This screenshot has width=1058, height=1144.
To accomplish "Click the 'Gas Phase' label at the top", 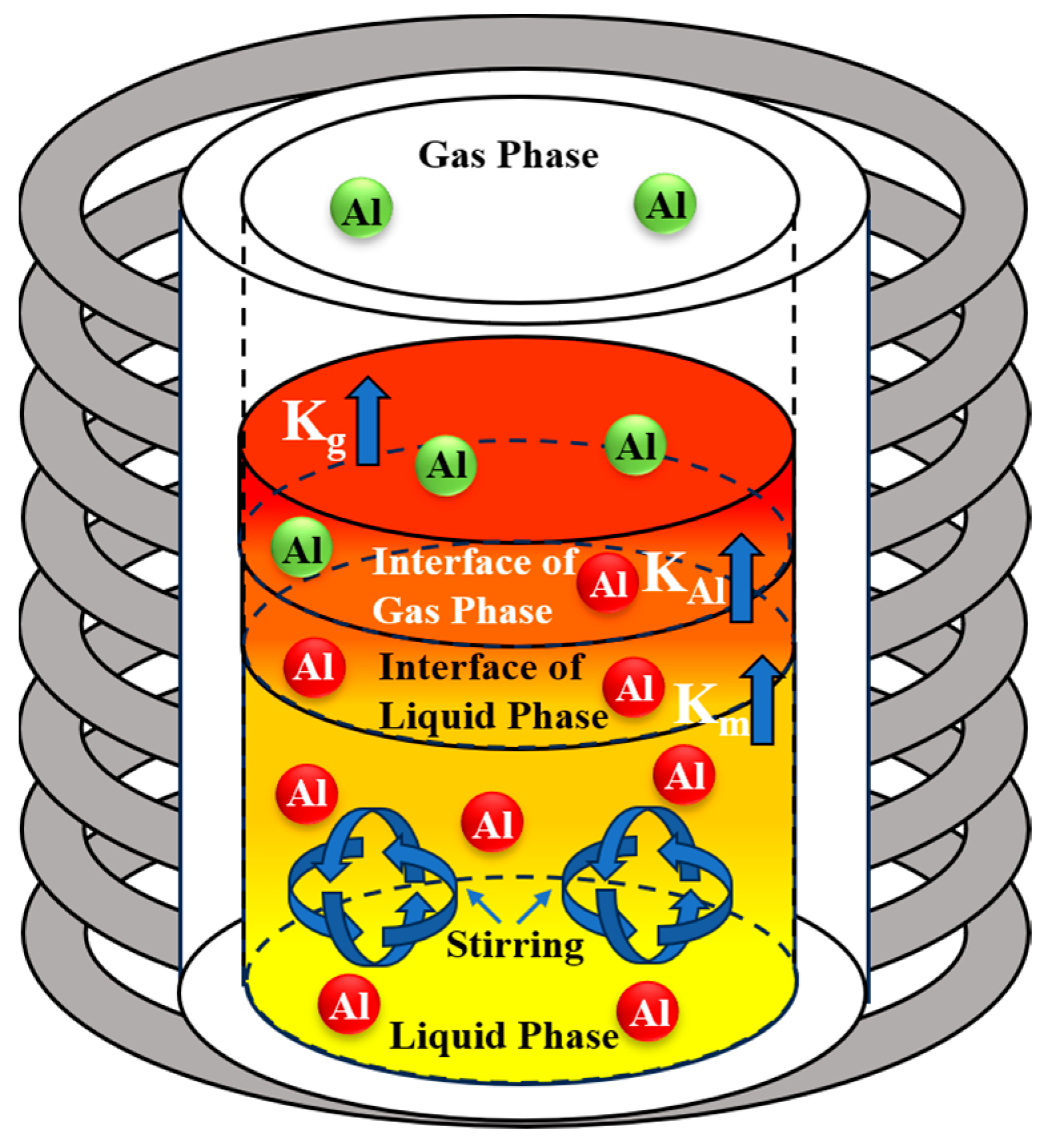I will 508,155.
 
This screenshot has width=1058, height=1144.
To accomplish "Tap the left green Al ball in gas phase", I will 361,208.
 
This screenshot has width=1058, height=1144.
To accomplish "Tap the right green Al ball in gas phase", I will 665,204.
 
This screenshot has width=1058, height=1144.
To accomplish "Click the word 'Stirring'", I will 515,944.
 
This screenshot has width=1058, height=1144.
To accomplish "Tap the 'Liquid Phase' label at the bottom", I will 504,1036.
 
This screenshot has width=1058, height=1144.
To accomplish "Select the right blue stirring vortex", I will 647,885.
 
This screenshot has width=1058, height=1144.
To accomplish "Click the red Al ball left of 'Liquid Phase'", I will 349,1004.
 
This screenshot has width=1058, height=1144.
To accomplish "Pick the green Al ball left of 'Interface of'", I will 301,549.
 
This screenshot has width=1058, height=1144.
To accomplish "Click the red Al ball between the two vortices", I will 492,823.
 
